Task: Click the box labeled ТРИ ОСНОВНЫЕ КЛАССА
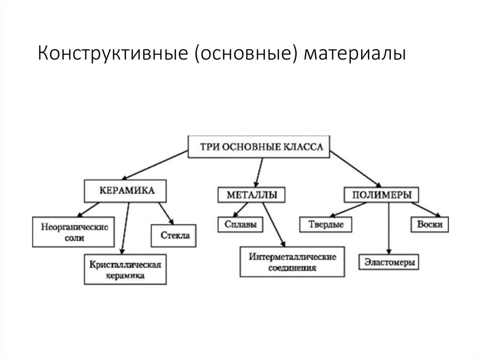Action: coord(259,147)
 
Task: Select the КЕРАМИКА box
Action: coord(126,191)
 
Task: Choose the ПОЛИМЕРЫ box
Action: coord(381,194)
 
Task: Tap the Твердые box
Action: coord(326,224)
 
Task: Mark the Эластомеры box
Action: coord(389,262)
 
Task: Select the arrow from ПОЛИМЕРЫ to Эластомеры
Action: coord(388,228)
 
